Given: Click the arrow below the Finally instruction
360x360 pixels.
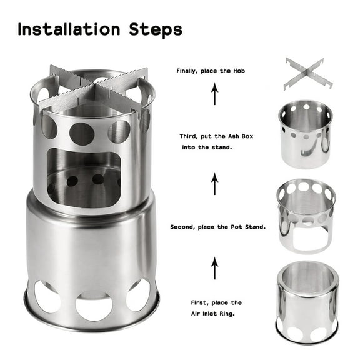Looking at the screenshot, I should [214, 95].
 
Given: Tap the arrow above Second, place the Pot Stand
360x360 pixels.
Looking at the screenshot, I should [214, 184].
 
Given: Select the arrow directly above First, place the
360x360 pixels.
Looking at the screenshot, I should [214, 268].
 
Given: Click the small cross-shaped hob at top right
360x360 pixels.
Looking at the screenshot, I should [305, 73].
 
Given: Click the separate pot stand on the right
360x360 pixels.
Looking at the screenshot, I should [306, 216].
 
